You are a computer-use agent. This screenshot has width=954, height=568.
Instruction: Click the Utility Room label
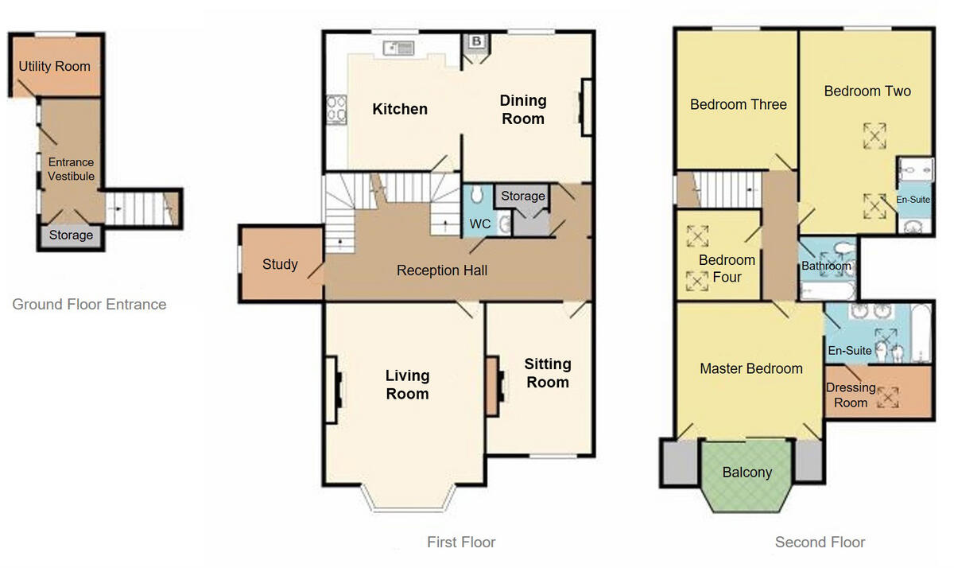pos(55,66)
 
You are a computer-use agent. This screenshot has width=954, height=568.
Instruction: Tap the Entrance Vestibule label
pos(72,169)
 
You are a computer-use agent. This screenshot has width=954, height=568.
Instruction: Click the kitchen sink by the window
pos(399,49)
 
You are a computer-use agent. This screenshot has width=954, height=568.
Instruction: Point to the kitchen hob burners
pos(335,111)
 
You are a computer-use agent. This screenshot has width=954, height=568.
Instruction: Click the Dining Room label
pos(522,110)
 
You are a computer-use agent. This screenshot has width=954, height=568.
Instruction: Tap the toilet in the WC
pos(476,196)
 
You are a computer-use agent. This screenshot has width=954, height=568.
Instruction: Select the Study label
pos(280,264)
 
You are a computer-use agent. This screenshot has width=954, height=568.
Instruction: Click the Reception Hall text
pos(442,270)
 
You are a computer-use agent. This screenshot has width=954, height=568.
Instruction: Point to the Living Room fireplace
pos(333,388)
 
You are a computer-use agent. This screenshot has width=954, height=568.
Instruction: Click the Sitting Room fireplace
pos(494,386)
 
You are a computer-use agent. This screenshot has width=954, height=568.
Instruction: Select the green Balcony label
pos(747,473)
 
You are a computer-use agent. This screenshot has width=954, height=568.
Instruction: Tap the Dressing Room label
pos(850,395)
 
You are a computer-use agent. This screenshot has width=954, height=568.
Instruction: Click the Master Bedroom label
pos(750,368)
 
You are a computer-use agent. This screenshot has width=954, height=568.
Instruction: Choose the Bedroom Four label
pos(727,268)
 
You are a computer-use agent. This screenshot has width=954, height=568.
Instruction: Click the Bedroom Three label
pos(738,104)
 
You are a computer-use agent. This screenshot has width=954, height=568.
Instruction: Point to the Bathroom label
pos(826,266)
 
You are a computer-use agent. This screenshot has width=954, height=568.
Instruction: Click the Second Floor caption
pos(820,543)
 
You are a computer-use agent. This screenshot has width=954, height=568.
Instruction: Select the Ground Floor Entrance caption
pos(89,304)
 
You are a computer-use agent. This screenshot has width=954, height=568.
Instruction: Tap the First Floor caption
pos(461,543)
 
